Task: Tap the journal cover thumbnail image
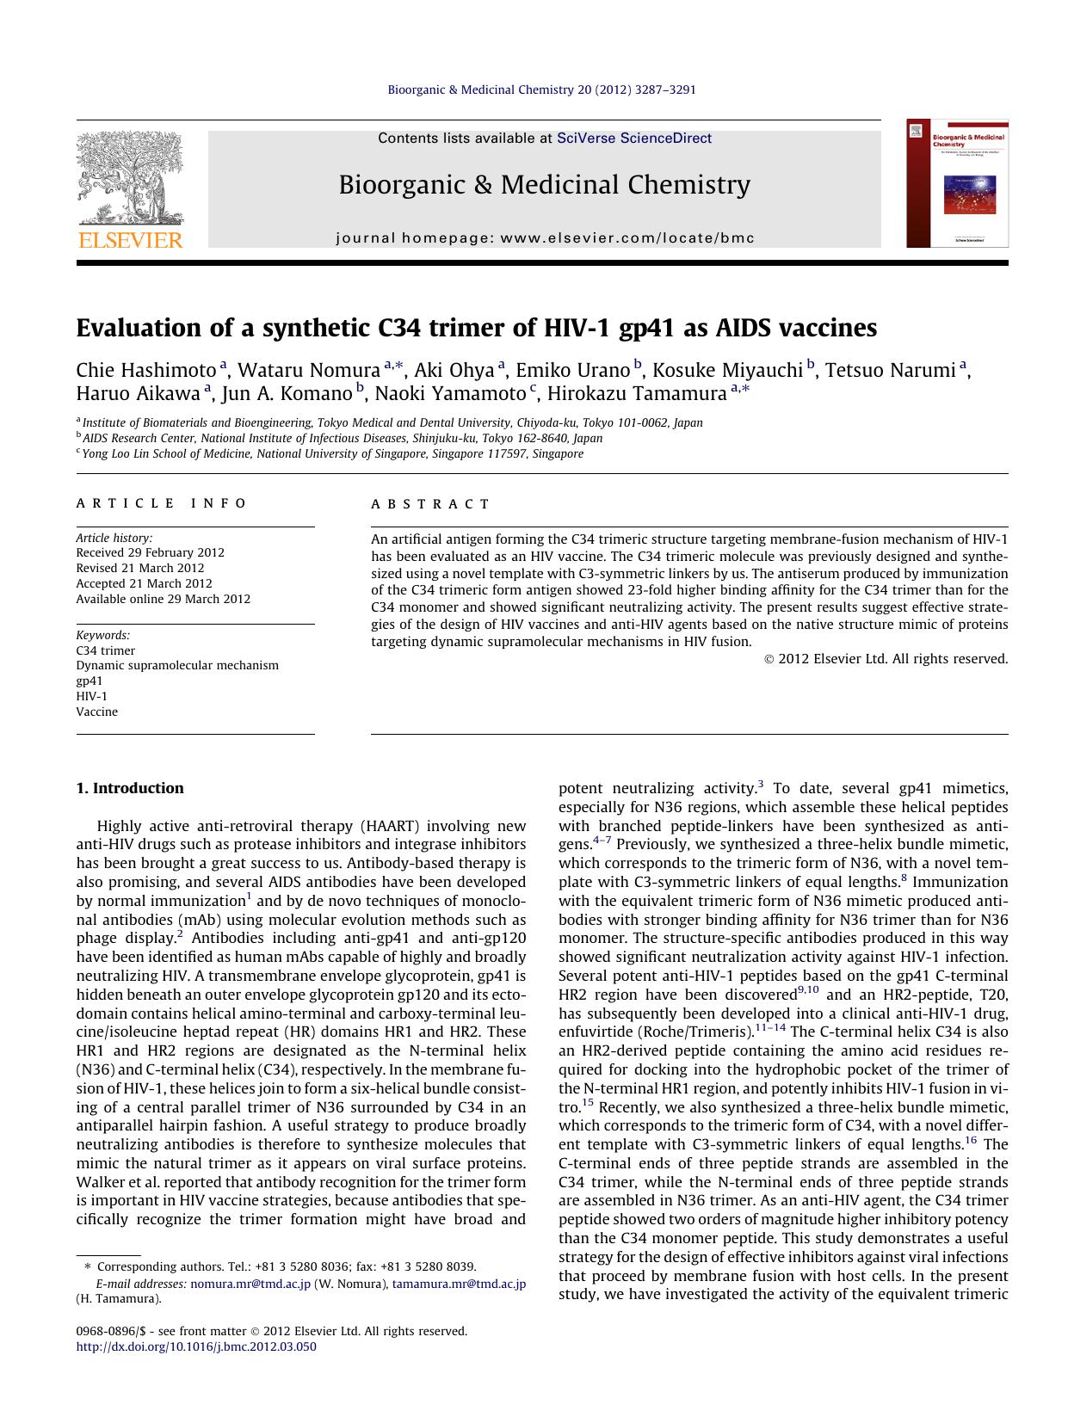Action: click(x=957, y=183)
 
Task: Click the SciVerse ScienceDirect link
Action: click(x=634, y=138)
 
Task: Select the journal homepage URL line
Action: click(x=545, y=238)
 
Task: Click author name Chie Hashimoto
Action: click(x=145, y=371)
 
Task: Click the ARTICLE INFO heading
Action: click(x=162, y=503)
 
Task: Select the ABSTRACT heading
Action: click(x=430, y=504)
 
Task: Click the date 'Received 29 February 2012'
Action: click(x=150, y=553)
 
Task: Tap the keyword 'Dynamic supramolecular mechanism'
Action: click(x=177, y=665)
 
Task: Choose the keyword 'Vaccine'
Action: click(x=96, y=711)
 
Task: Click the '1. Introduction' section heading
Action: click(x=130, y=788)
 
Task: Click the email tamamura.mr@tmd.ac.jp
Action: click(x=459, y=1284)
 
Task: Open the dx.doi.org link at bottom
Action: click(x=196, y=1346)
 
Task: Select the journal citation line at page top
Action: click(x=541, y=89)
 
